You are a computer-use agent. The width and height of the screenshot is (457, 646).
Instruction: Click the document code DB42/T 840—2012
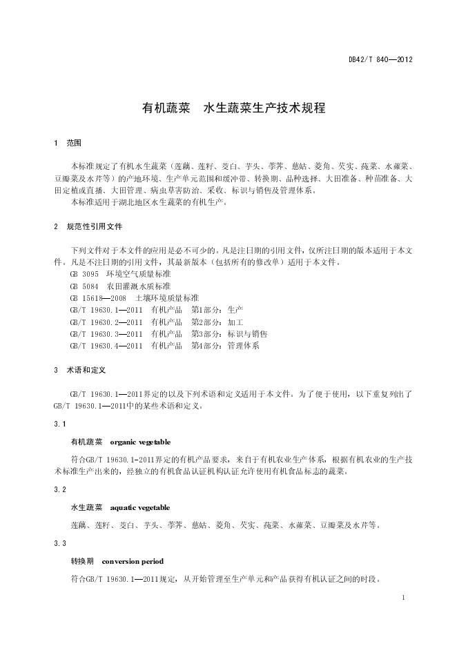pos(380,60)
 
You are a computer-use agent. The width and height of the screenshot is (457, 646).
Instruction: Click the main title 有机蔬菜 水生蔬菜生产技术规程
pos(233,108)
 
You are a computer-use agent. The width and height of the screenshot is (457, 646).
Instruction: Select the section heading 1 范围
pos(68,143)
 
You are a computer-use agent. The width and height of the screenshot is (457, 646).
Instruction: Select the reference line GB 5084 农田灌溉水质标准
pos(110,286)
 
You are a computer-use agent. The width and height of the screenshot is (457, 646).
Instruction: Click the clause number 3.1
pos(59,422)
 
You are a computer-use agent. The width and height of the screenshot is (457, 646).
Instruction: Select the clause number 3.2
pos(59,489)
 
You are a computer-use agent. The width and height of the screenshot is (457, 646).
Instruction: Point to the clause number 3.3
pos(59,543)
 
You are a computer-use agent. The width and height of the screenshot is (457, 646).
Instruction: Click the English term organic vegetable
pos(140,441)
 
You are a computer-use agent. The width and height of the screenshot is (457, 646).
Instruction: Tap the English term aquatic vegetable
pos(140,507)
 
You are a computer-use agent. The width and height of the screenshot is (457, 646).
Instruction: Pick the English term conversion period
pos(133,561)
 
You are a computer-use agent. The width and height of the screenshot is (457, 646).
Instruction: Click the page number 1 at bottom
pos(402,596)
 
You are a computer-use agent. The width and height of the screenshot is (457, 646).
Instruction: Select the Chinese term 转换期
pos(82,561)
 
